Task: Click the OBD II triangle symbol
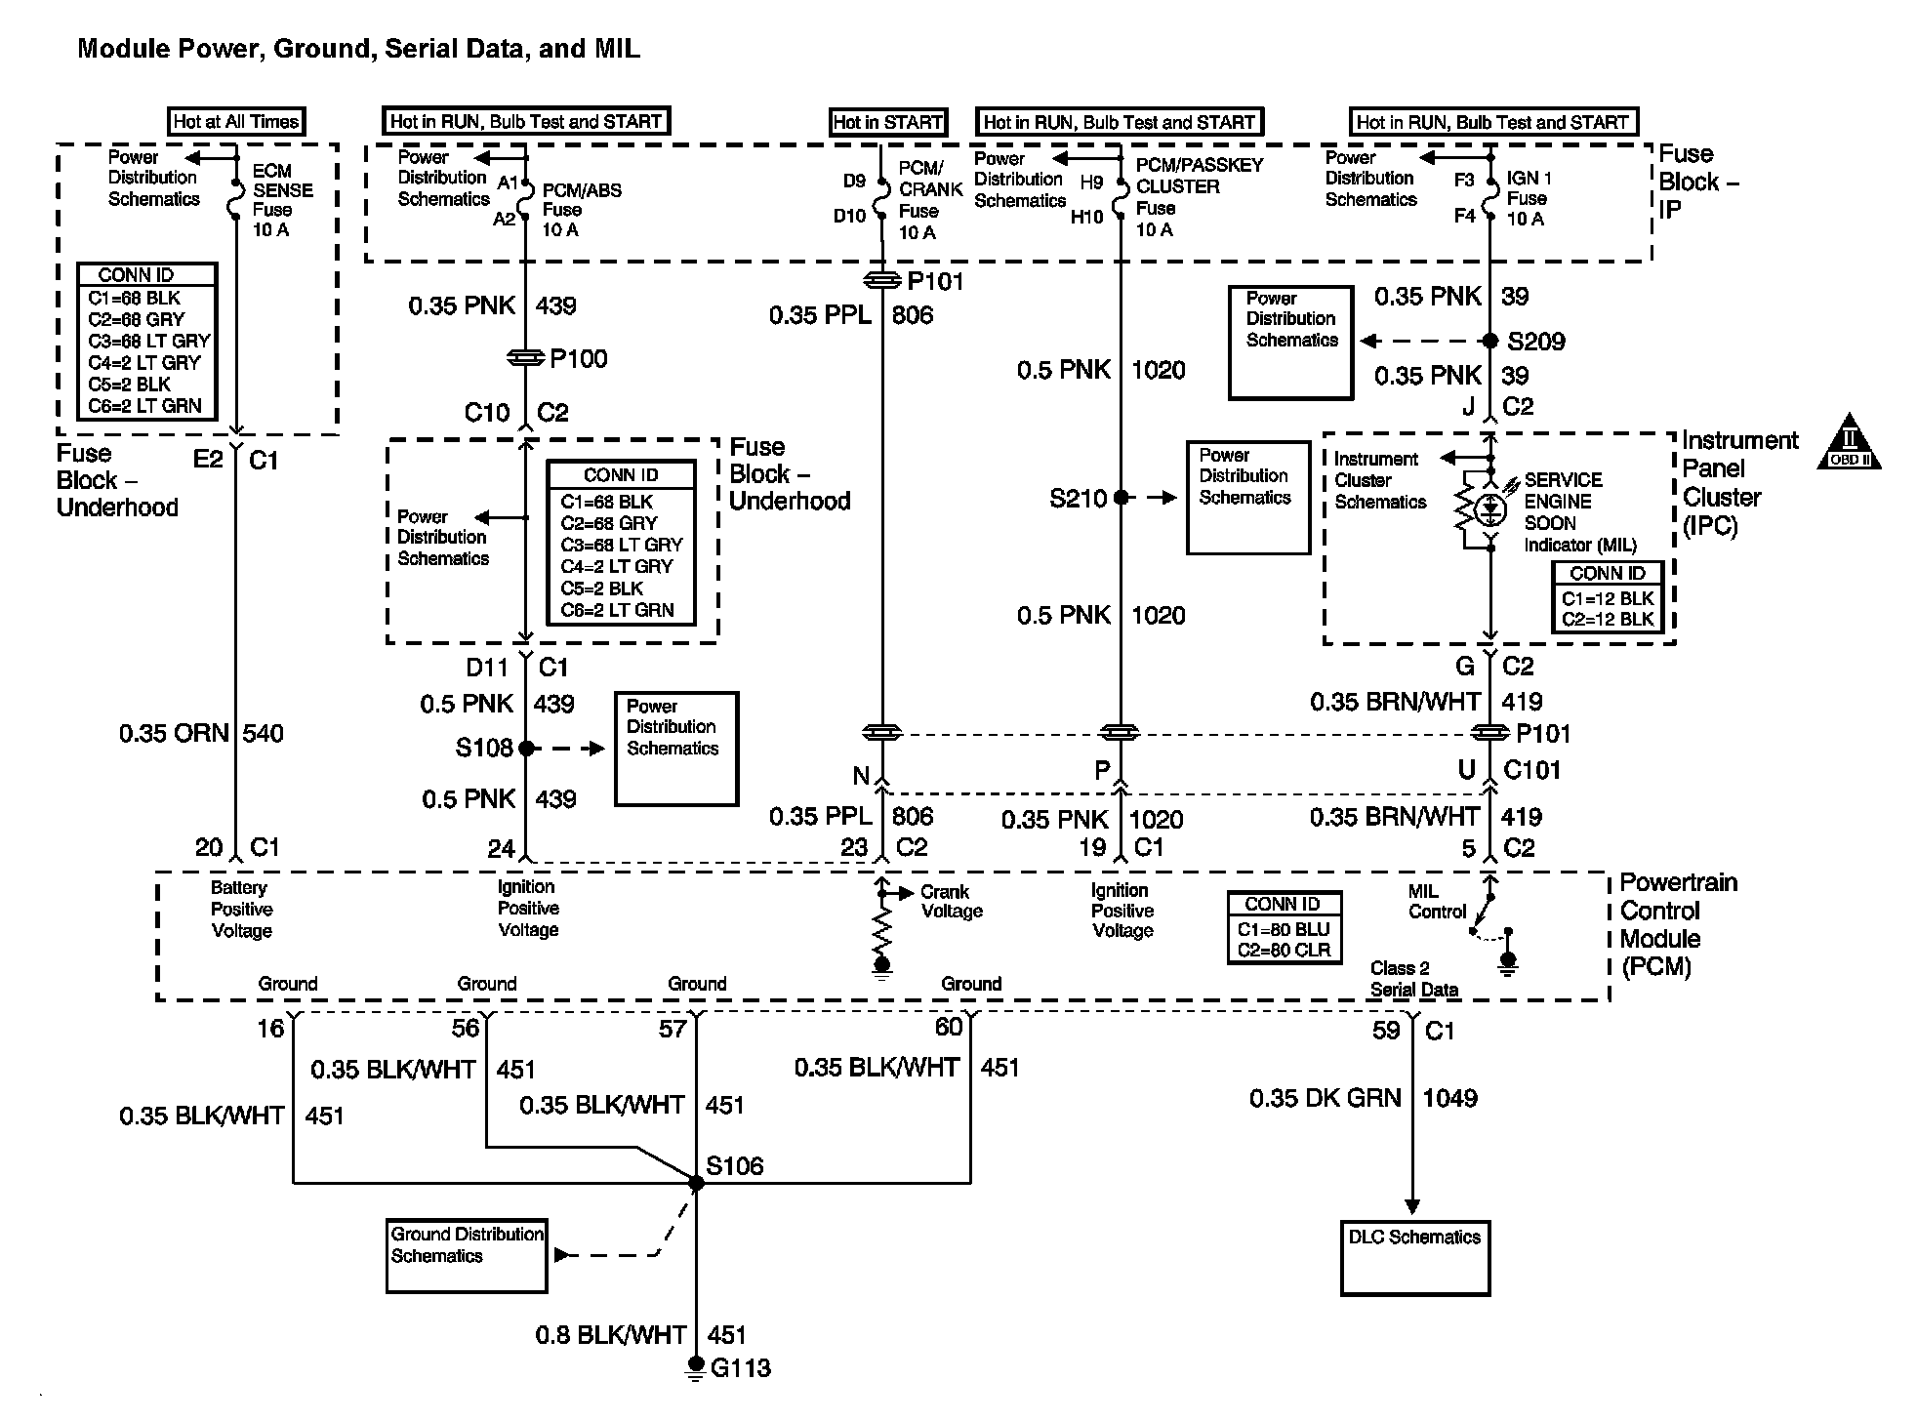click(1849, 444)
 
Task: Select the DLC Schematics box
click(1414, 1258)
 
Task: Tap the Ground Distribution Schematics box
click(467, 1255)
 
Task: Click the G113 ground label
click(740, 1368)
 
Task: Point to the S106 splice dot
click(696, 1183)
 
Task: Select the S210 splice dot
click(1121, 498)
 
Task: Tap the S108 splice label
click(484, 749)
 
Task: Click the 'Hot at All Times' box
click(236, 122)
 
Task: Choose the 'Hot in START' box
click(887, 122)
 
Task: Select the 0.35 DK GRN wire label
click(1325, 1099)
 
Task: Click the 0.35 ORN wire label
click(174, 734)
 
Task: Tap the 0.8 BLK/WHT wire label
click(610, 1335)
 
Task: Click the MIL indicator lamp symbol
click(1489, 508)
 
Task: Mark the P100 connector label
click(578, 359)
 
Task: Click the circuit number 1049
click(1449, 1099)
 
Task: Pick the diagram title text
click(359, 49)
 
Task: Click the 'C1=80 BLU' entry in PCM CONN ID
click(1283, 928)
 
